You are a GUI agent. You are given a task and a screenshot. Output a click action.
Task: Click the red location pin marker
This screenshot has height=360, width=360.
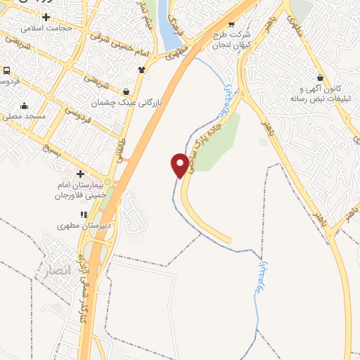pyautogui.click(x=179, y=165)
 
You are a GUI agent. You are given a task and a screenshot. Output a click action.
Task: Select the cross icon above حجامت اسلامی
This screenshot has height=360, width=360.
pyautogui.click(x=46, y=16)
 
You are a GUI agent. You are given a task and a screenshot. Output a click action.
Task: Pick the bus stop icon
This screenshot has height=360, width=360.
pyautogui.click(x=6, y=71)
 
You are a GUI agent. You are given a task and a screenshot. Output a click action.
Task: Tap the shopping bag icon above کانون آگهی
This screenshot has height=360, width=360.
pyautogui.click(x=320, y=77)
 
